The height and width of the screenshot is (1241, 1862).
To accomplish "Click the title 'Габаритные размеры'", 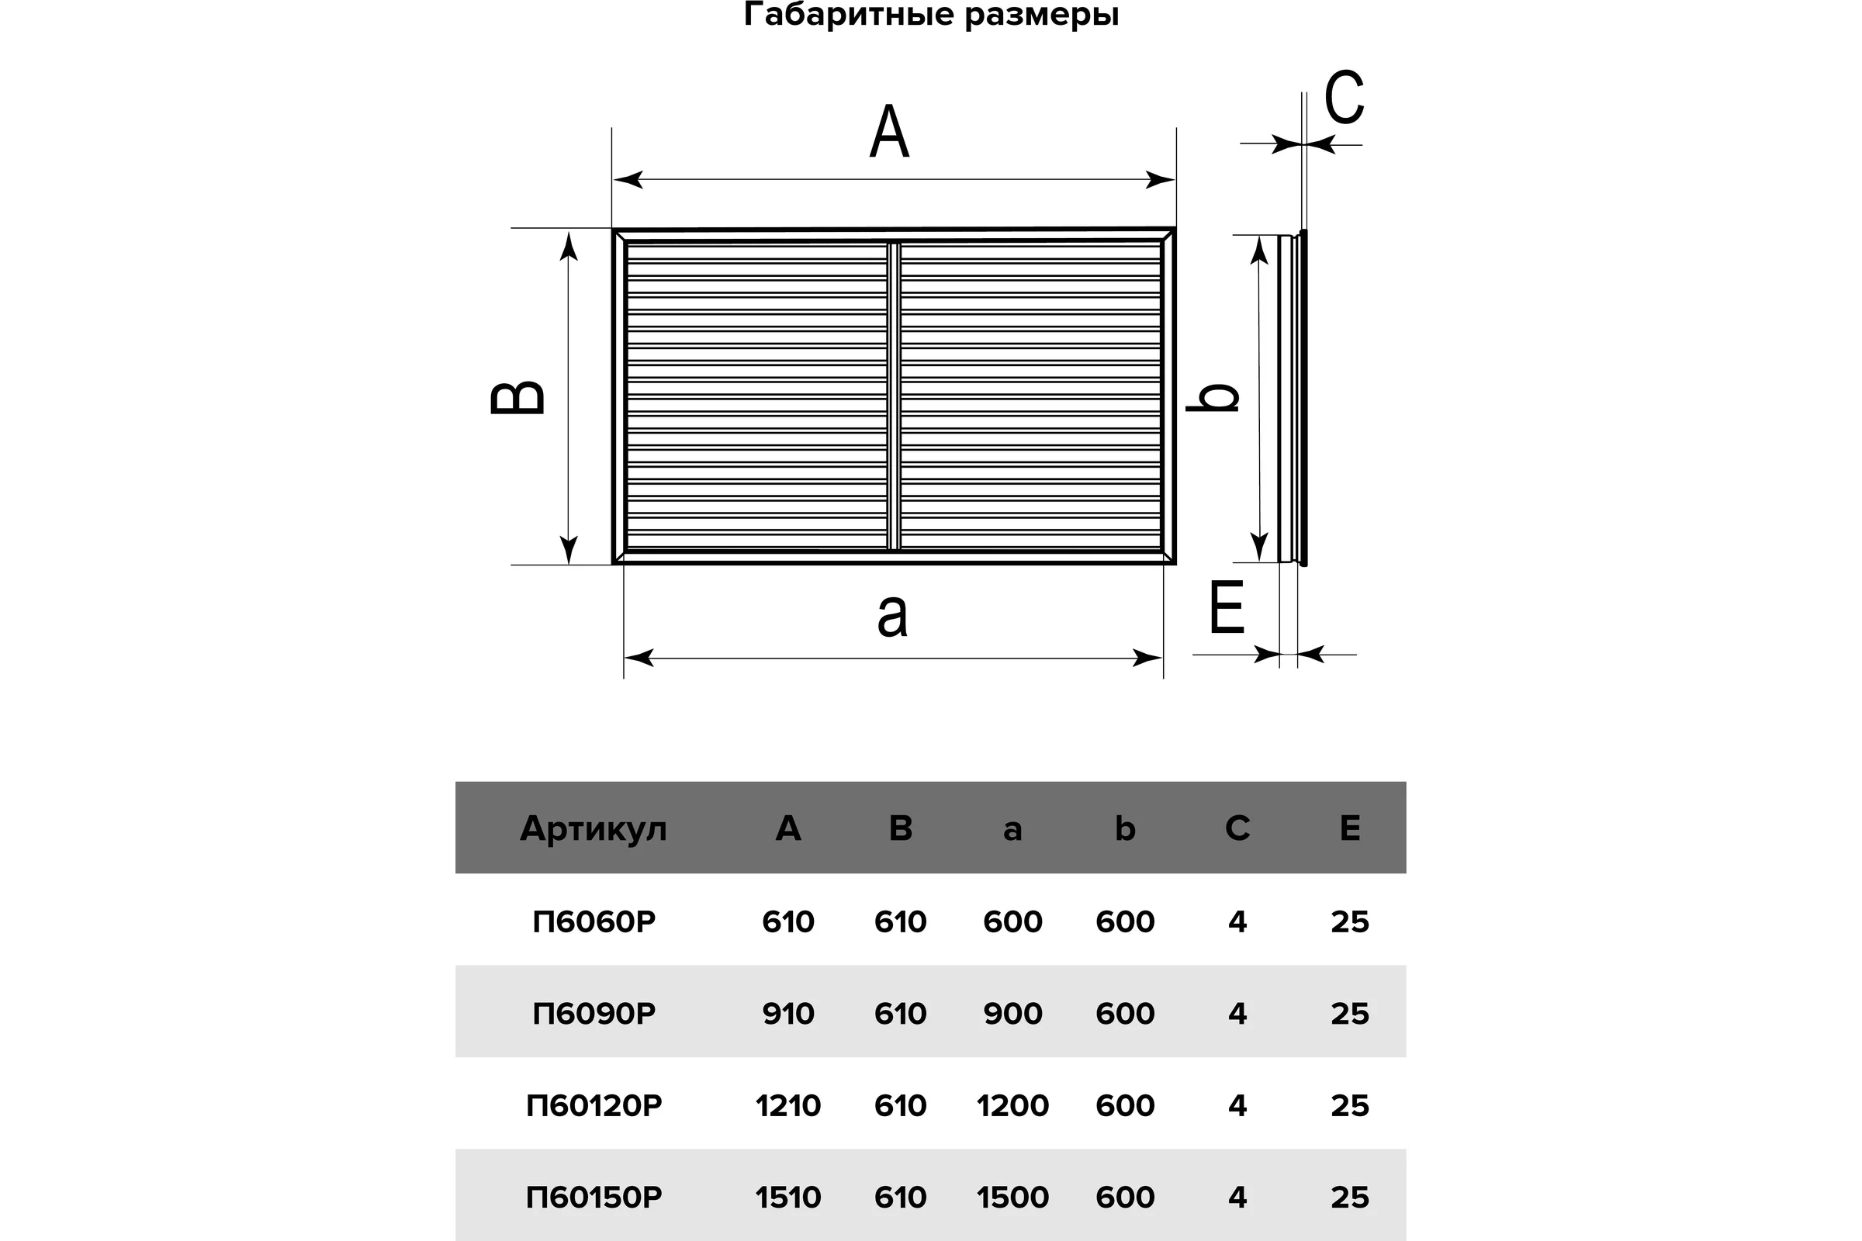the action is [x=931, y=14].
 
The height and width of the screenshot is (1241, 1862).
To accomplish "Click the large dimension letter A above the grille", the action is [x=889, y=132].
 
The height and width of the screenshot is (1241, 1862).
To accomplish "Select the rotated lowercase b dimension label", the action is [x=1212, y=396].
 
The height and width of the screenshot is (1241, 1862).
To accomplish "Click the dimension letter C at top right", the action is [x=1345, y=96].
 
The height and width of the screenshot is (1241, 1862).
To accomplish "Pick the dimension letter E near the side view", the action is [x=1227, y=607].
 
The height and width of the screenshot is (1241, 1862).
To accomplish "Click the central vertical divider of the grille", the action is [x=894, y=396].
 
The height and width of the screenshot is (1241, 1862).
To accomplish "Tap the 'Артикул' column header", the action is [x=594, y=828].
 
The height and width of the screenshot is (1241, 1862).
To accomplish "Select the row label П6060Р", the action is [x=594, y=921].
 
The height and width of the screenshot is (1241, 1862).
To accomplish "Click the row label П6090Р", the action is [x=594, y=1013].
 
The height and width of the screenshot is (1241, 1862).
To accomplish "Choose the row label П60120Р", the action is [x=594, y=1104].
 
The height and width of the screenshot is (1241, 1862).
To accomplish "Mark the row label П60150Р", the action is [x=594, y=1197].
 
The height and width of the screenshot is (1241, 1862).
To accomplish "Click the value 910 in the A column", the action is [x=788, y=1013].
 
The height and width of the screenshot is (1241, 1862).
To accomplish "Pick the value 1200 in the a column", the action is [x=1012, y=1104].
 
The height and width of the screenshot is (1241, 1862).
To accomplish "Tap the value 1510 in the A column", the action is [x=788, y=1197].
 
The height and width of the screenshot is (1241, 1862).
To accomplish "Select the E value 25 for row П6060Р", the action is [x=1350, y=921].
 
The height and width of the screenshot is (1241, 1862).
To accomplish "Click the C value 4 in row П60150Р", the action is [x=1237, y=1197].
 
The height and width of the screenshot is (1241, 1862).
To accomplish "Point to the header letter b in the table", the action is [x=1125, y=828].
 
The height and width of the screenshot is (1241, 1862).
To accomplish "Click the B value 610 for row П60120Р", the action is [x=900, y=1104].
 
